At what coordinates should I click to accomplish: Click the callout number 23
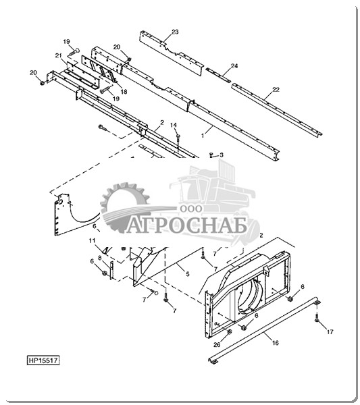click(175, 32)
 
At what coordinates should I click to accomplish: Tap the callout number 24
click(234, 66)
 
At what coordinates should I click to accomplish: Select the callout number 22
click(276, 90)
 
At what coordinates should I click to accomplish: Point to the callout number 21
click(58, 55)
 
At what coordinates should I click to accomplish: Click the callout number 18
click(124, 91)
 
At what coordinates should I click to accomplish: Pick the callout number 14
click(174, 125)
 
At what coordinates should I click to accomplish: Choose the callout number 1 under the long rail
click(203, 136)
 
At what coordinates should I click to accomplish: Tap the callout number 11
click(93, 241)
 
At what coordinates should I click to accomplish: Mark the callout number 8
click(99, 257)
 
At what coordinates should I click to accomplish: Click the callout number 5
click(188, 274)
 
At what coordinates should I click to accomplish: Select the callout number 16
click(276, 343)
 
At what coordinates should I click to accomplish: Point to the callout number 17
click(330, 331)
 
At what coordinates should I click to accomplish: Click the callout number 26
click(217, 345)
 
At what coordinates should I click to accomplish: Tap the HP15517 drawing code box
click(43, 360)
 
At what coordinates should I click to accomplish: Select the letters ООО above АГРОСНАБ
click(191, 209)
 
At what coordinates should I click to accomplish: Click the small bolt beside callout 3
click(211, 155)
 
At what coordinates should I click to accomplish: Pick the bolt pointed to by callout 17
click(317, 317)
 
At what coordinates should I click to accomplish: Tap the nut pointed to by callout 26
click(229, 331)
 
